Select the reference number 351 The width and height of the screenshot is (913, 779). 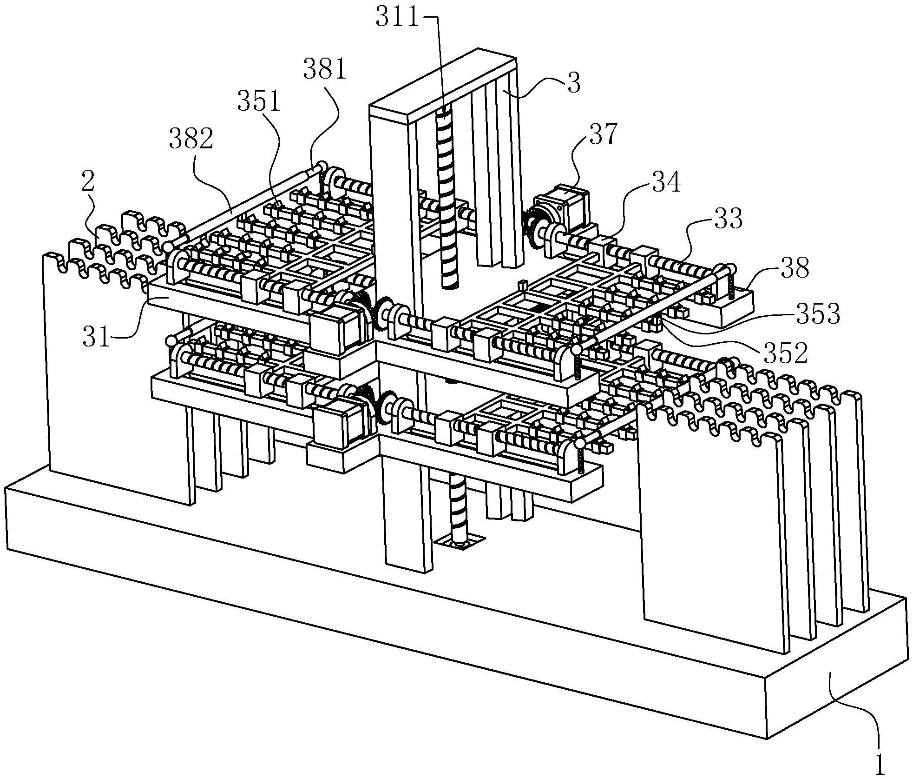point(259,102)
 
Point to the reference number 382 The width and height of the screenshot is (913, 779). point(191,140)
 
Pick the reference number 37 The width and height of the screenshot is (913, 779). point(603,135)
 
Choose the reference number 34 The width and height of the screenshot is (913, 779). point(666,182)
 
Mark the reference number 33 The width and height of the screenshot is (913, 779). point(728,218)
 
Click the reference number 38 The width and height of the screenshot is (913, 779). point(795,269)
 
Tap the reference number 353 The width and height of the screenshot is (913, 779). point(818,314)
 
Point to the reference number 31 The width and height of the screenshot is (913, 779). point(97,338)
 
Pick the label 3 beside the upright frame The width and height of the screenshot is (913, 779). point(574,84)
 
